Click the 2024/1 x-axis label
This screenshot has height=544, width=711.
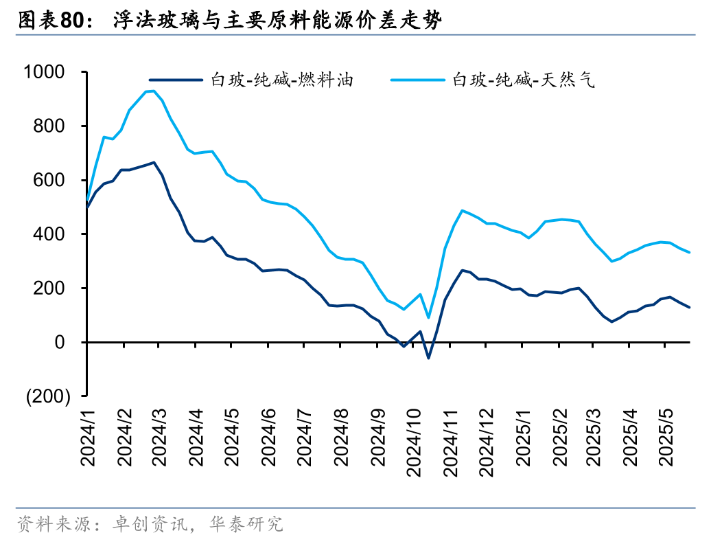[87, 438]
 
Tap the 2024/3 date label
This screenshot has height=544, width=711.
[159, 438]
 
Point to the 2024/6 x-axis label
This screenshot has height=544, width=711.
[267, 438]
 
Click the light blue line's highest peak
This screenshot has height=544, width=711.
[154, 91]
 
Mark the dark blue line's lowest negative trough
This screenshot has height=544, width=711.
[428, 358]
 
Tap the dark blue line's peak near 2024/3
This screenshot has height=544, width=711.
[154, 163]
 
